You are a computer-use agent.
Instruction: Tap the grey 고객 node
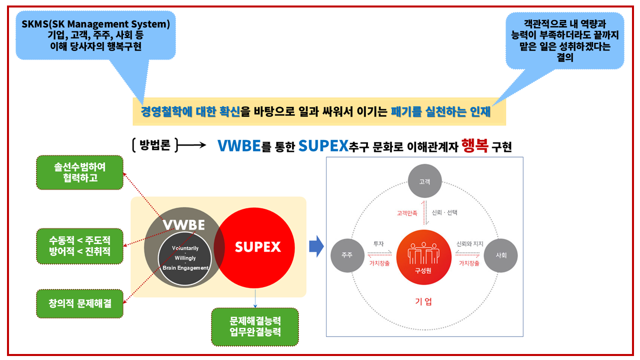pos(424,181)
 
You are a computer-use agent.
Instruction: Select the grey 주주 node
pos(347,255)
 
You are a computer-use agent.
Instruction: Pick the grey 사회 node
pos(501,255)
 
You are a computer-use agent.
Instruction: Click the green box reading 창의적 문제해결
pos(80,303)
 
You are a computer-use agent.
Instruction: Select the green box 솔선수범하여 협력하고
pos(80,172)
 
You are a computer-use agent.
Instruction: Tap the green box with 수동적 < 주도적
pos(80,246)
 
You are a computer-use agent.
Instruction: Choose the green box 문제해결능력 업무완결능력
pos(255,326)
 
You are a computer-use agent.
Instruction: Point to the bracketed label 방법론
pos(155,145)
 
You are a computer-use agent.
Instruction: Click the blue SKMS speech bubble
pos(96,35)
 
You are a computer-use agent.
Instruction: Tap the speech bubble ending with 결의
pos(564,40)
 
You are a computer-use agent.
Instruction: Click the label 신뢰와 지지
pos(469,244)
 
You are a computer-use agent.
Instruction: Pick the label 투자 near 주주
pos(378,244)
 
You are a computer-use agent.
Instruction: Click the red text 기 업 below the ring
pos(423,301)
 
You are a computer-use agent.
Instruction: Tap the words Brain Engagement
pos(185,268)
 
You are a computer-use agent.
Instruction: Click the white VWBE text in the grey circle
pos(184,225)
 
